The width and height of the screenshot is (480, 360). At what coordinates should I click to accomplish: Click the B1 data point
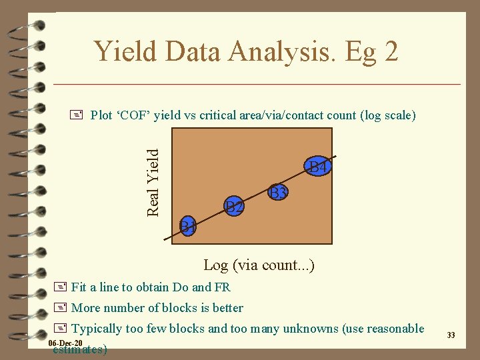pos(189,226)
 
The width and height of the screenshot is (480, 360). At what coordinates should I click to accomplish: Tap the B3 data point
pos(278,193)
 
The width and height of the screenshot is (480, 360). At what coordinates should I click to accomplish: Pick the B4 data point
pos(317,167)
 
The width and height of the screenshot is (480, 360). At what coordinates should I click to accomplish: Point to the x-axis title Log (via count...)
pos(259,265)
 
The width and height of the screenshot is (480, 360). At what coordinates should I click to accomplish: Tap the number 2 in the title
pos(390,51)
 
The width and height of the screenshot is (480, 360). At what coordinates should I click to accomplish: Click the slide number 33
pos(451,335)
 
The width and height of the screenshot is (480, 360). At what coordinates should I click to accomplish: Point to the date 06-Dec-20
pos(66,343)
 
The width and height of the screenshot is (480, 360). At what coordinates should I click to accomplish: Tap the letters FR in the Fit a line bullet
pos(222,288)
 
